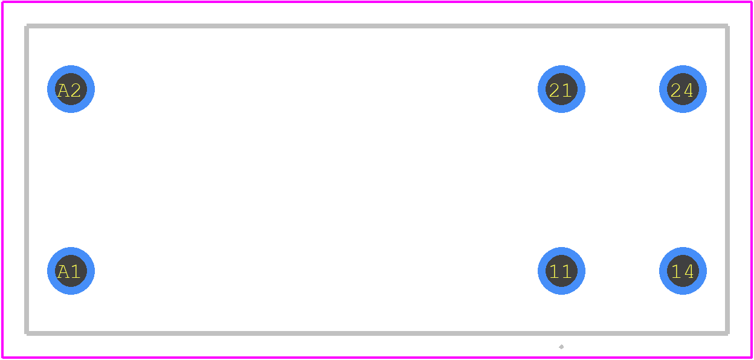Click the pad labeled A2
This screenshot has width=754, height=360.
point(71,89)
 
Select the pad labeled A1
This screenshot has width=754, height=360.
point(71,271)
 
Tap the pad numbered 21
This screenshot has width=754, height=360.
point(561,89)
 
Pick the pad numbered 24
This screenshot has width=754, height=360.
point(683,89)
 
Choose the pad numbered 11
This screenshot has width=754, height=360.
point(561,271)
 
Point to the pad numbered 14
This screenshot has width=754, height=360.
point(683,271)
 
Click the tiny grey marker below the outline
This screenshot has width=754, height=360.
point(561,347)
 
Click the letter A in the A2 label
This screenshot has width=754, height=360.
point(63,90)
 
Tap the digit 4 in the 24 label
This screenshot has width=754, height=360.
point(688,90)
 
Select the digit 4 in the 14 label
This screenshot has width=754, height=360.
point(688,272)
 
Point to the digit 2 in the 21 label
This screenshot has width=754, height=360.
point(555,90)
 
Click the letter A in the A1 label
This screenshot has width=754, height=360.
point(63,272)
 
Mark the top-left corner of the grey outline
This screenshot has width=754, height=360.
point(27,26)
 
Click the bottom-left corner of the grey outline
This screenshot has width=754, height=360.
point(27,333)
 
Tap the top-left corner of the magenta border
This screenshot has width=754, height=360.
point(2,2)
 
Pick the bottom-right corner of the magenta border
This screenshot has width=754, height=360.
point(752,358)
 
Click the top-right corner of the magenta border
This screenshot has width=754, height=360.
point(752,2)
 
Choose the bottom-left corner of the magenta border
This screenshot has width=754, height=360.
point(2,358)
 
